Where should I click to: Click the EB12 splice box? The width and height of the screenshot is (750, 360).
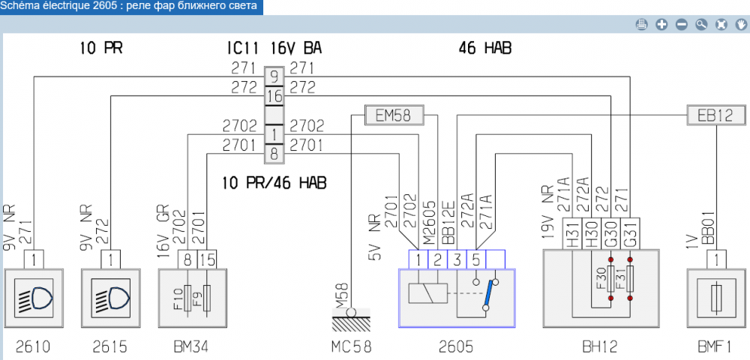717,115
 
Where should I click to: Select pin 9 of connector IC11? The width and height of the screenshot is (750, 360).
274,76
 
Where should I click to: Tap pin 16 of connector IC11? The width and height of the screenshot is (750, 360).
274,96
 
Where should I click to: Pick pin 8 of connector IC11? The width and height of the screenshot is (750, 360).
274,154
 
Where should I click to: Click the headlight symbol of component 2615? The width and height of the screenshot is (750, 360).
111,297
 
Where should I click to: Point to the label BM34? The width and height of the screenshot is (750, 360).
190,346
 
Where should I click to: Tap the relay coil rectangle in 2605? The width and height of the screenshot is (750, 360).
427,292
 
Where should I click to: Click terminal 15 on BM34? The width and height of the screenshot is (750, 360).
207,259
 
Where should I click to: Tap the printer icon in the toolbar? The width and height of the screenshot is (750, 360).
642,25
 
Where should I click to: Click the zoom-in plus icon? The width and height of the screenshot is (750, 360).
662,25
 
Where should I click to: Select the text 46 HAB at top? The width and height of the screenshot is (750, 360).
484,49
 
